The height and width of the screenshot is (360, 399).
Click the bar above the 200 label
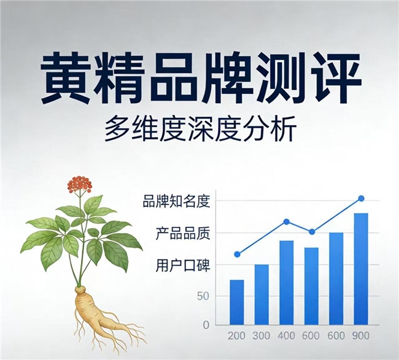click(x=237, y=302)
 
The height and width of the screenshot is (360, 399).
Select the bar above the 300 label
click(x=261, y=294)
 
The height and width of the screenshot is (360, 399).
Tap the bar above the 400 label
click(x=287, y=283)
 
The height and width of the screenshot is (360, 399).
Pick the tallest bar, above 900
click(x=361, y=269)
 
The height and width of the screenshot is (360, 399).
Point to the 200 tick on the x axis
click(x=236, y=336)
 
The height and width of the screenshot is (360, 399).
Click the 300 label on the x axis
click(x=261, y=336)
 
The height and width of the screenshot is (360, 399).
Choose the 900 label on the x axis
click(x=361, y=336)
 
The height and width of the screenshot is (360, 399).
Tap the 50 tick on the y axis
click(x=203, y=296)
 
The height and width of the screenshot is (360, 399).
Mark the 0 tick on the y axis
click(x=206, y=325)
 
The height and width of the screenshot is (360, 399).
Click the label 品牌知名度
click(x=176, y=201)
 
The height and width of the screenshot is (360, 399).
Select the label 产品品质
click(x=183, y=234)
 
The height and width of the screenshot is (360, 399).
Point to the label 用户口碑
click(x=183, y=266)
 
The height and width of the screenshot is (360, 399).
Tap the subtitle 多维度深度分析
click(x=200, y=129)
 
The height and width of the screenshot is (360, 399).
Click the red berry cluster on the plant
click(x=79, y=184)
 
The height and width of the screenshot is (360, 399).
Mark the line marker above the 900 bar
click(x=361, y=198)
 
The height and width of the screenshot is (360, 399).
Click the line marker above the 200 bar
click(x=237, y=255)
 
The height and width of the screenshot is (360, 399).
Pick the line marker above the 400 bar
click(x=287, y=221)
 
